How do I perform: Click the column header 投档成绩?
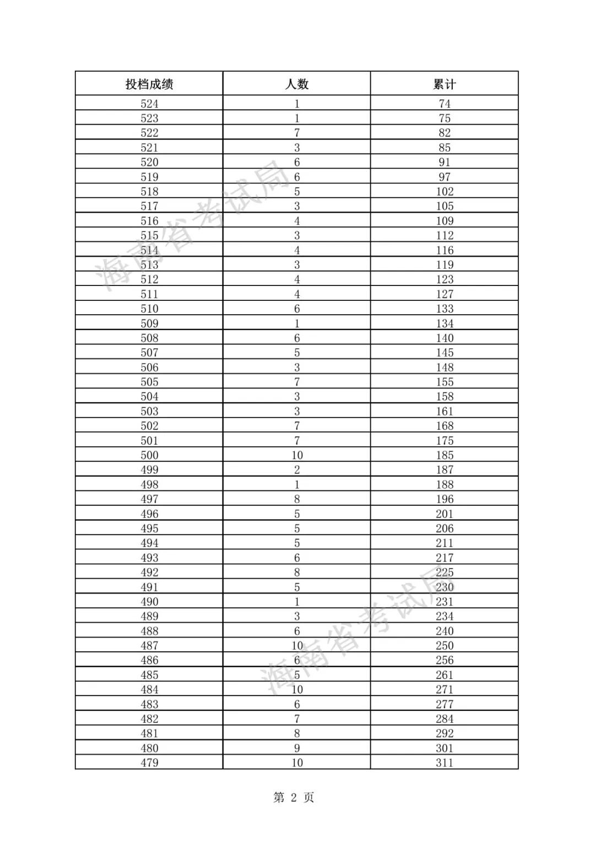(149, 84)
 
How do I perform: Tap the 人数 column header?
(297, 84)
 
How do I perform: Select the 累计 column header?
(445, 84)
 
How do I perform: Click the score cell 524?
(149, 104)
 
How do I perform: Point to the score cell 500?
(149, 455)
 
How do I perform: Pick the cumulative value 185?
(445, 455)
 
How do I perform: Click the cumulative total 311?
(445, 763)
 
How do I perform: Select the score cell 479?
(149, 763)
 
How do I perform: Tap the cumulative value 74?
(445, 104)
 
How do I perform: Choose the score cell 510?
(149, 309)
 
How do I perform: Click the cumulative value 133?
(445, 309)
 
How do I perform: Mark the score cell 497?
(149, 499)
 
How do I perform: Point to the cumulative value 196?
(445, 499)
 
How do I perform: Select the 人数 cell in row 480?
(297, 748)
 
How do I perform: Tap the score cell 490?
(149, 602)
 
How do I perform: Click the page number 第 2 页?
(294, 797)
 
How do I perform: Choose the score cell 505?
(149, 382)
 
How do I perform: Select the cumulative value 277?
(445, 704)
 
